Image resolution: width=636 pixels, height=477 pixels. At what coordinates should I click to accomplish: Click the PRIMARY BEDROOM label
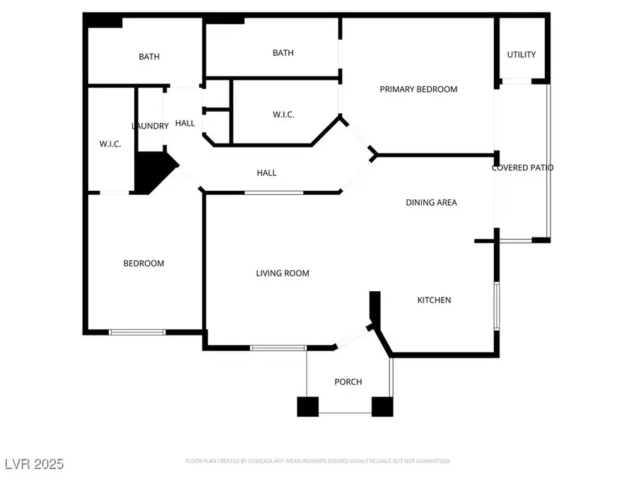tap(418, 89)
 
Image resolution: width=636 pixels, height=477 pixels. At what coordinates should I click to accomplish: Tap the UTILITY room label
tap(522, 54)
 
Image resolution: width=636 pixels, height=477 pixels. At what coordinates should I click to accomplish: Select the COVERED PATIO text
tap(523, 168)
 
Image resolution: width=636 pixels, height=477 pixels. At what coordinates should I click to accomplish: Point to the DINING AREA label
tap(431, 203)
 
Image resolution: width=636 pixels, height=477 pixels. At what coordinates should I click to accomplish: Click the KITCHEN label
tap(434, 300)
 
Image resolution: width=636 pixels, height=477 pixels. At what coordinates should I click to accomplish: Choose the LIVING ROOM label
tap(283, 273)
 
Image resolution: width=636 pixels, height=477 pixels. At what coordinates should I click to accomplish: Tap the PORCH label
tap(348, 382)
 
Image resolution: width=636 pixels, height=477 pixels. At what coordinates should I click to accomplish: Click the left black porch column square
tap(307, 406)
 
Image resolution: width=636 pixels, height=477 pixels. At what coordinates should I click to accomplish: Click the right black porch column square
tap(382, 406)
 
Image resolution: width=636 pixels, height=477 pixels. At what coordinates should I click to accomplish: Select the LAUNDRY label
tap(150, 126)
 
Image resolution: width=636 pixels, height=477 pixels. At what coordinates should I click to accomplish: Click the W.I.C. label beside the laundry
tap(110, 144)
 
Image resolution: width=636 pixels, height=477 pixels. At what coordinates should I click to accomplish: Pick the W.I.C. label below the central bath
tap(283, 114)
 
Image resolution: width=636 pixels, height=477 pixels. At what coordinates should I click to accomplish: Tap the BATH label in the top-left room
tap(149, 57)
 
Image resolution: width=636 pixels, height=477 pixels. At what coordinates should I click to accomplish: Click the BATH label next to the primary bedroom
tap(283, 53)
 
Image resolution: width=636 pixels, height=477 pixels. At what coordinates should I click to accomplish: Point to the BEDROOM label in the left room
tap(143, 264)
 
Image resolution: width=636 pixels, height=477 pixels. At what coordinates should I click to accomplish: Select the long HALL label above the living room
tap(266, 173)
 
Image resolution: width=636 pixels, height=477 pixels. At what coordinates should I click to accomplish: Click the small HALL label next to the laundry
tap(185, 124)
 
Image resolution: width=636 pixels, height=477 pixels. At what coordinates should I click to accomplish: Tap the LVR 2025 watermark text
tap(33, 464)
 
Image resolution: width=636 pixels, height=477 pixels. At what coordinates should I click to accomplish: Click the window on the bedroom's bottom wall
tap(137, 331)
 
